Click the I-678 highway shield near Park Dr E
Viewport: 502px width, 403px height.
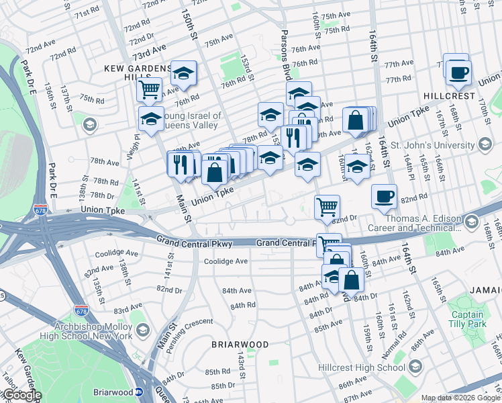point(41,209)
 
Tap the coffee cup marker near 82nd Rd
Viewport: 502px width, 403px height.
point(384,196)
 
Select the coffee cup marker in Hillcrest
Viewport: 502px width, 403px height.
point(458,72)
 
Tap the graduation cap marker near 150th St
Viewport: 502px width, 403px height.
point(183,73)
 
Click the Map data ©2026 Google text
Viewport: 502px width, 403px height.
point(460,398)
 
